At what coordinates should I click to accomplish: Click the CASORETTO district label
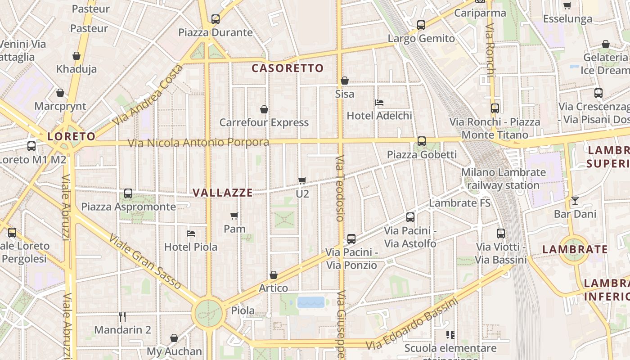point(288,68)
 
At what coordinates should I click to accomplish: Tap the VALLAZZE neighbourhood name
point(223,193)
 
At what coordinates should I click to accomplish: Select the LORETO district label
point(72,136)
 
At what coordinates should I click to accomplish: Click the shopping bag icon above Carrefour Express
point(264,109)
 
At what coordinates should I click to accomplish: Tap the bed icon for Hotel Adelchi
point(379,103)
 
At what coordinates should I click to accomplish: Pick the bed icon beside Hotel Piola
point(191,234)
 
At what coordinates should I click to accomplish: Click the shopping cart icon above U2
point(302,180)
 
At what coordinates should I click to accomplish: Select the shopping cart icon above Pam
point(234,216)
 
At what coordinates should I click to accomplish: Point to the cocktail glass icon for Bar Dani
point(575,201)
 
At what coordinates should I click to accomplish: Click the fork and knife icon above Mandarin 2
point(122,316)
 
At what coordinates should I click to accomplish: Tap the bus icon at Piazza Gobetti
point(422,141)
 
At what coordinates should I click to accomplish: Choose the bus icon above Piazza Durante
point(216,19)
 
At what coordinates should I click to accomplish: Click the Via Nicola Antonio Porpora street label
point(198,143)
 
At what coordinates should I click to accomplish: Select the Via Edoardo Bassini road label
point(412,324)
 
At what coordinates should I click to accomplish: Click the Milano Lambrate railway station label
point(503,179)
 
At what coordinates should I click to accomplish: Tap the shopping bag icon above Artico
point(274,275)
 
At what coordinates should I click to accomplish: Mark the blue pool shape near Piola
point(311,302)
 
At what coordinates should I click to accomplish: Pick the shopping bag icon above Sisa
point(345,81)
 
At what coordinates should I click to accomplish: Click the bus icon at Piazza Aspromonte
point(128,193)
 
